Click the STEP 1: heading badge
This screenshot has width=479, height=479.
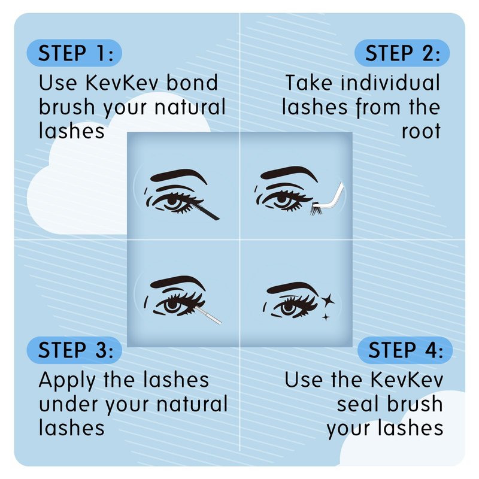(74, 53)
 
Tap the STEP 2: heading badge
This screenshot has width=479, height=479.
(402, 53)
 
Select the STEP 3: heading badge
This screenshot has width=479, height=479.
(74, 350)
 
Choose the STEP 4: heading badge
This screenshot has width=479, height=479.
(405, 350)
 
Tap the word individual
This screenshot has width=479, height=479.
(390, 83)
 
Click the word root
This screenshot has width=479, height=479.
(421, 131)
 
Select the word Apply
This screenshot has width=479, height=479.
(67, 381)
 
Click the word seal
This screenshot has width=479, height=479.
(357, 404)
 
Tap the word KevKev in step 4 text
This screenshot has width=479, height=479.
(407, 380)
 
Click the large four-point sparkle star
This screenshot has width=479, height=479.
(328, 301)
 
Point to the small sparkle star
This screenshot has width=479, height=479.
(326, 317)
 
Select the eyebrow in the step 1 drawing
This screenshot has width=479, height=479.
(178, 175)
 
